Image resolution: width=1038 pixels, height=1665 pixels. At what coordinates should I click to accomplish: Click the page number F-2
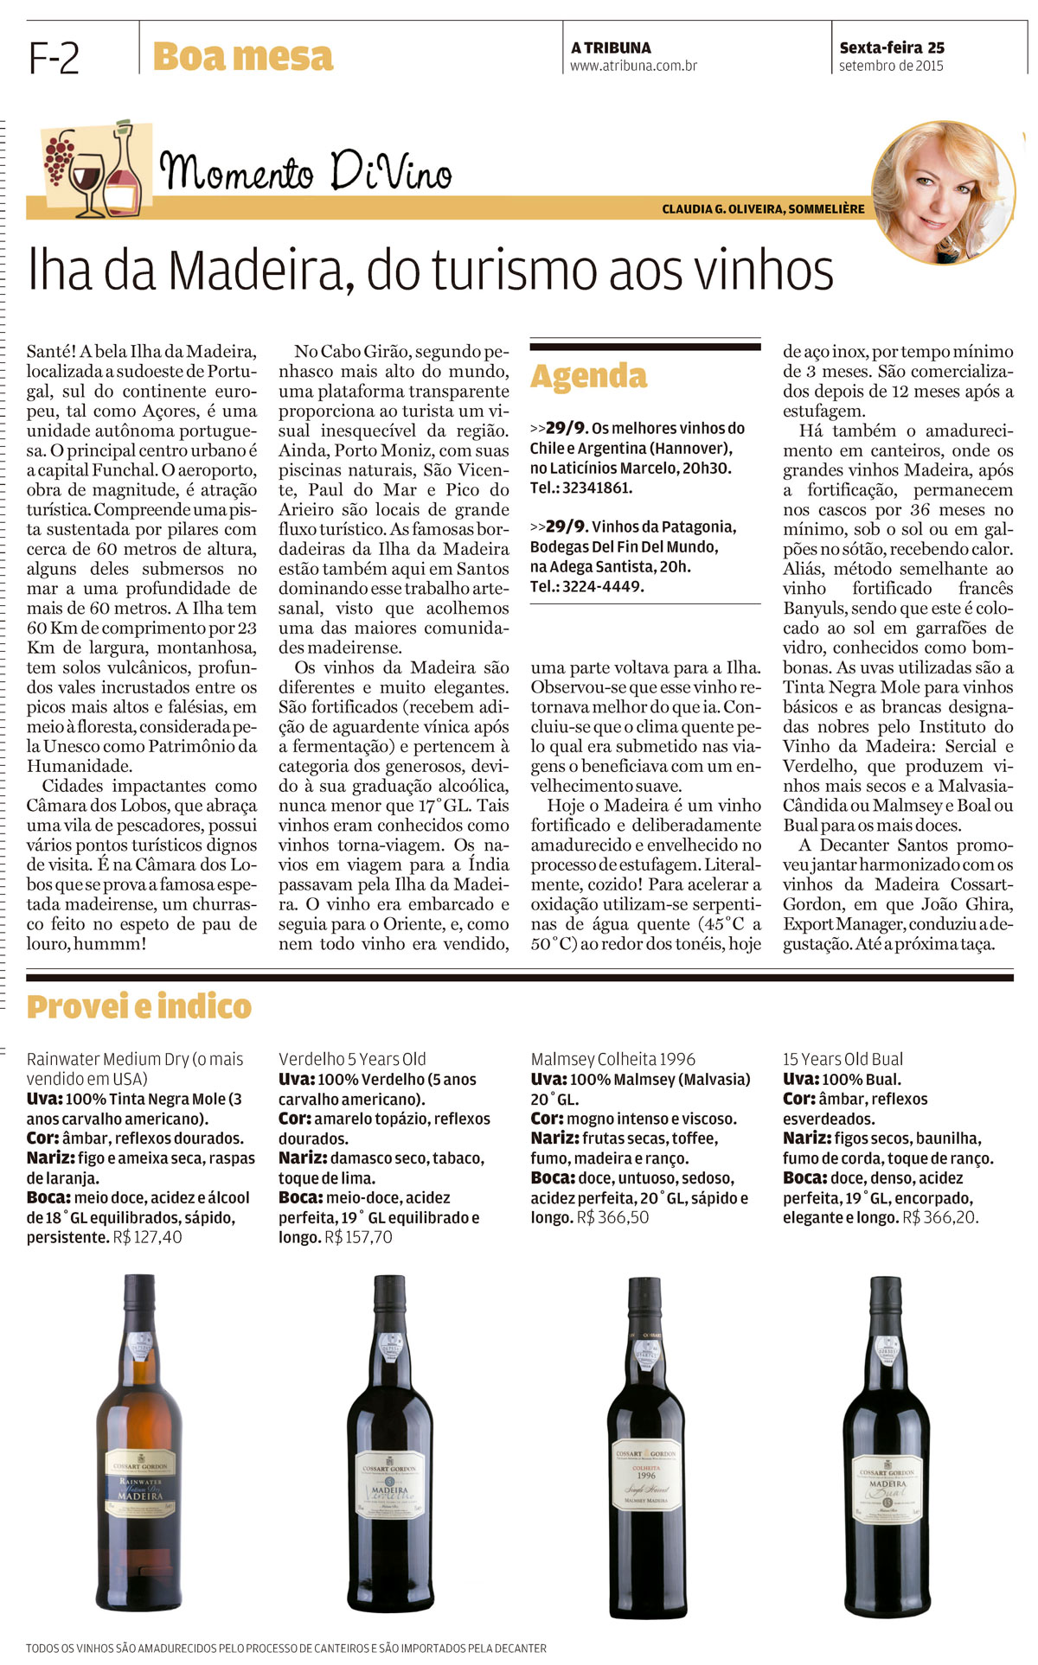click(54, 58)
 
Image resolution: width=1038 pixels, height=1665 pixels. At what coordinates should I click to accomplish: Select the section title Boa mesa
click(242, 57)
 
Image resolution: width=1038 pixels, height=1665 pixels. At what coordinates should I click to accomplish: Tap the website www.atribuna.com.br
click(633, 66)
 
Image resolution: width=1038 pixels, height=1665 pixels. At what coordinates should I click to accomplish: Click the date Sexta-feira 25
click(891, 48)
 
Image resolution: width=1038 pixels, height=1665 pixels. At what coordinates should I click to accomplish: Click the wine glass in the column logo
click(87, 180)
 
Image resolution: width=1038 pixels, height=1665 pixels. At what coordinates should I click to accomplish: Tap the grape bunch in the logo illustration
click(60, 156)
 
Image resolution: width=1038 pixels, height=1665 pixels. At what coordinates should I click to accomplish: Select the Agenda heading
click(588, 376)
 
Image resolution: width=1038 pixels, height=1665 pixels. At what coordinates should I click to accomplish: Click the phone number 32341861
click(597, 488)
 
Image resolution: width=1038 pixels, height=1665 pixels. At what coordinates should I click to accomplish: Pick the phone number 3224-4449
click(602, 586)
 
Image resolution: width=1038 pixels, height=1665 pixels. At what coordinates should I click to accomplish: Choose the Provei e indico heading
click(138, 1006)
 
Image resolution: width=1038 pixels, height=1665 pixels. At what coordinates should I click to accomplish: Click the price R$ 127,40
click(148, 1237)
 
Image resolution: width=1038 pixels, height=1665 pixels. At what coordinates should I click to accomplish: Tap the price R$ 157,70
click(358, 1237)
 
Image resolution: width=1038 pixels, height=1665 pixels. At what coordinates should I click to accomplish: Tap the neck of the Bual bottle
click(887, 1323)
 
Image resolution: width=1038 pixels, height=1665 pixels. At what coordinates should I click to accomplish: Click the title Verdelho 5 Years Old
click(352, 1059)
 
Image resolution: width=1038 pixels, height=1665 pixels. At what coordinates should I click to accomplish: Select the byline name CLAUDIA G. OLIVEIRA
click(723, 209)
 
